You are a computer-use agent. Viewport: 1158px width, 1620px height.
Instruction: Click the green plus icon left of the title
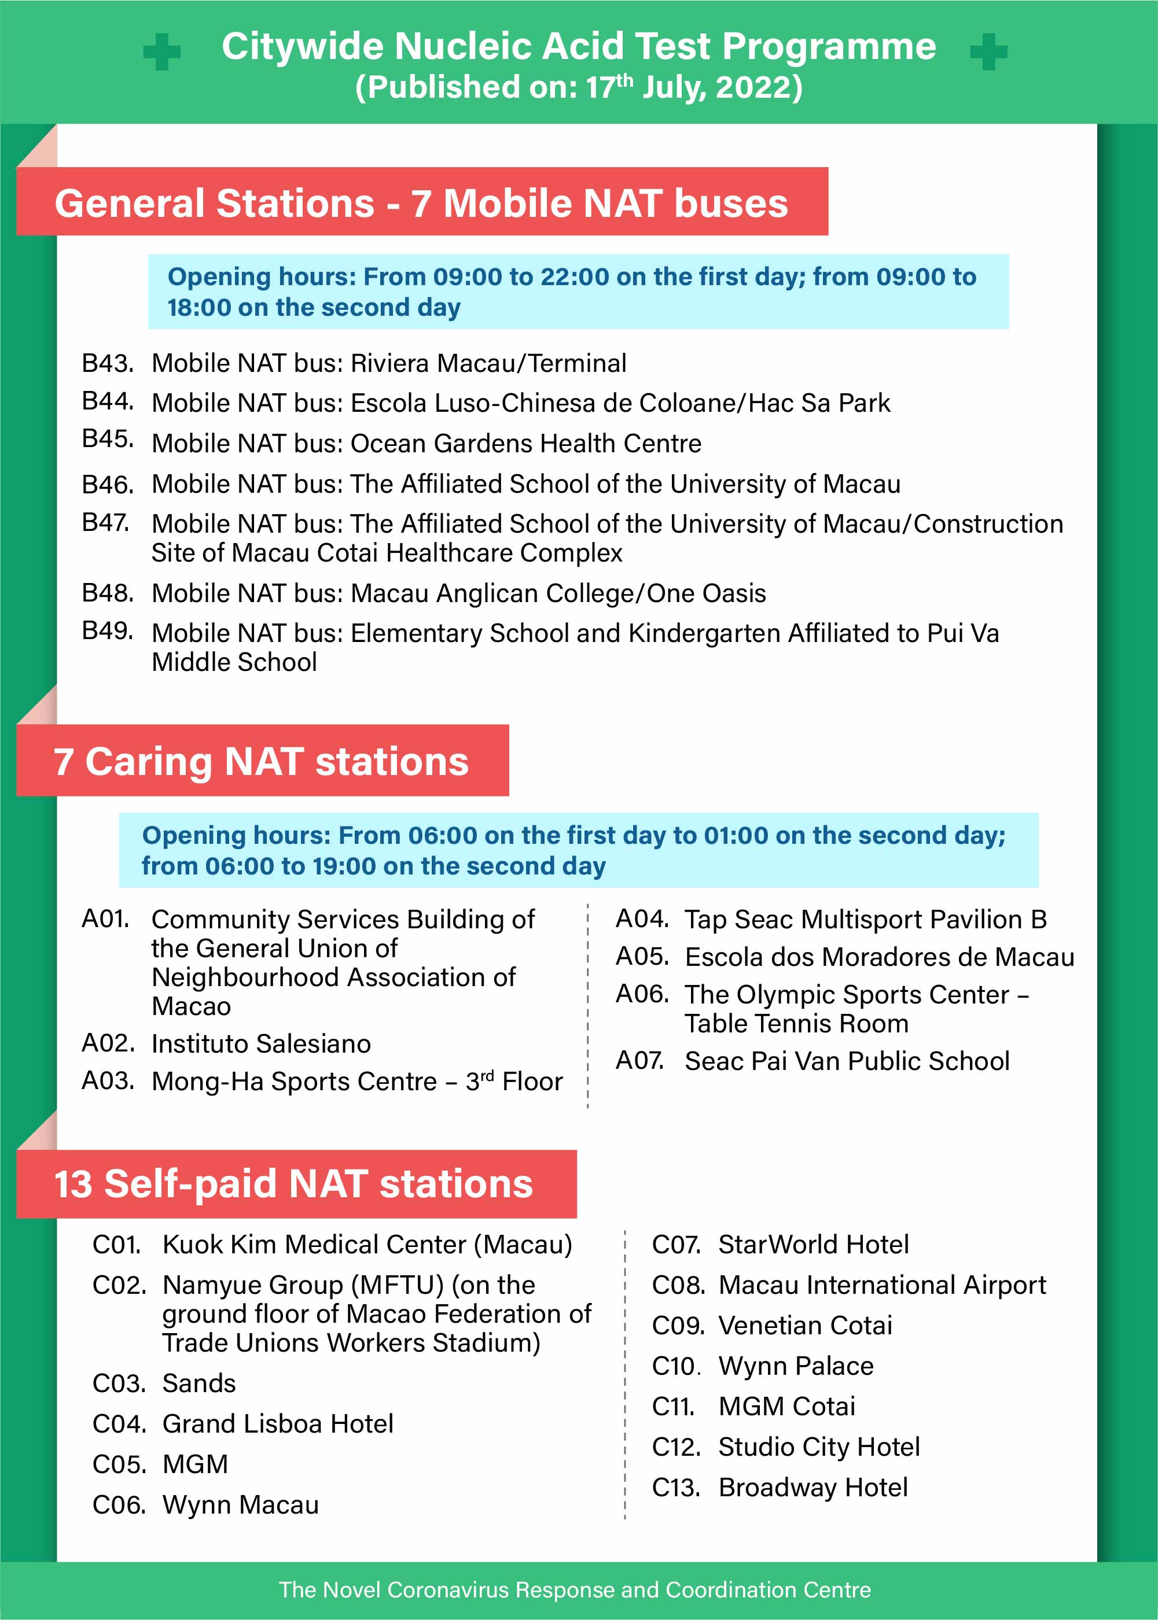click(162, 52)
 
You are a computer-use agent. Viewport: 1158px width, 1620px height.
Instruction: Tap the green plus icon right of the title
click(988, 52)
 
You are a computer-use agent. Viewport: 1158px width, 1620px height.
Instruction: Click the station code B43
click(108, 363)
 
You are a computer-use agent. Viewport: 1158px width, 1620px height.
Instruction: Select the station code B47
click(105, 522)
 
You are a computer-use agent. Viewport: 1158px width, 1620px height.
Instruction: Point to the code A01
click(105, 918)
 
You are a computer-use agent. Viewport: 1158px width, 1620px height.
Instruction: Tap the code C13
click(675, 1488)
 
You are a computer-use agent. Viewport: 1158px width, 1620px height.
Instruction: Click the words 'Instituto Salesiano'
click(261, 1043)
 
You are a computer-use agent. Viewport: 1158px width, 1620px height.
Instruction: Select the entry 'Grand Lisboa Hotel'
click(278, 1423)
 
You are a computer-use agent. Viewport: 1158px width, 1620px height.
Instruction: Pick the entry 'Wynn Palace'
click(796, 1366)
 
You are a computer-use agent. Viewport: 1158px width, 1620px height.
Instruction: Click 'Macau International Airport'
click(882, 1285)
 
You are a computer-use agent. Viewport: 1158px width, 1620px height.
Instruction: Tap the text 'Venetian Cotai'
click(805, 1325)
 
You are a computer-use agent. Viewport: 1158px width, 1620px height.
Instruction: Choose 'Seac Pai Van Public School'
click(847, 1061)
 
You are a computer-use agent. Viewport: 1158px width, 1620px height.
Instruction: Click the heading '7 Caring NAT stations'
click(261, 761)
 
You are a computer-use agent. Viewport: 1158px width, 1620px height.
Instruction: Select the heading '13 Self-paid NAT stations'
click(294, 1184)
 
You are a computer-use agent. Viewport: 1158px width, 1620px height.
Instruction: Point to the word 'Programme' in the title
click(829, 47)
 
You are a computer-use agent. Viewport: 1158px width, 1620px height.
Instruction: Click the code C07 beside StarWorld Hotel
click(675, 1245)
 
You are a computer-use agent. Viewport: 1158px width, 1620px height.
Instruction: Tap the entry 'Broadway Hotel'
click(813, 1488)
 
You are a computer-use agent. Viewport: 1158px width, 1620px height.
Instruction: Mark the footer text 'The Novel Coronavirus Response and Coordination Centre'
click(575, 1589)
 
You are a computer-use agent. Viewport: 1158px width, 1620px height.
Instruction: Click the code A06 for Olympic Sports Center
click(642, 994)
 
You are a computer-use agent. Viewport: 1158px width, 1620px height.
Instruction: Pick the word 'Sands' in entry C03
click(199, 1383)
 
